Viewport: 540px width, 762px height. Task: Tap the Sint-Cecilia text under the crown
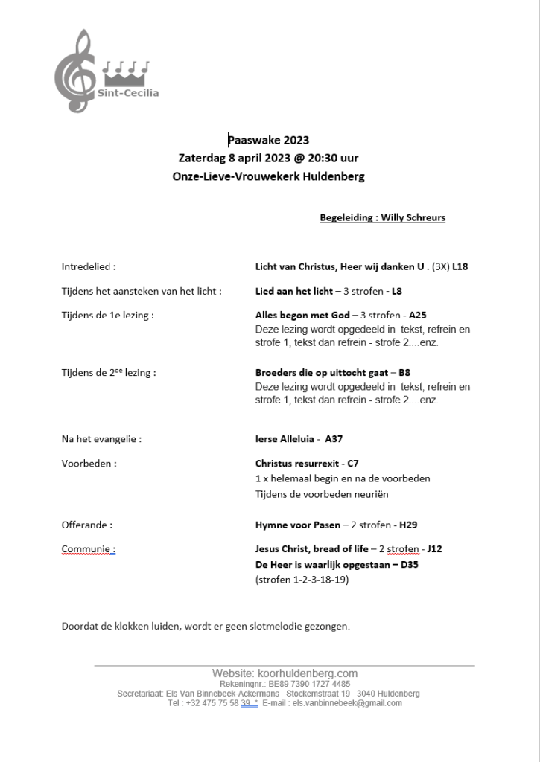(x=128, y=93)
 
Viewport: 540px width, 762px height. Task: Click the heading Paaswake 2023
(x=268, y=140)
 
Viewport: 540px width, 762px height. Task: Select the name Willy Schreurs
(x=413, y=217)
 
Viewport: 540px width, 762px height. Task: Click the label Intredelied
(x=89, y=266)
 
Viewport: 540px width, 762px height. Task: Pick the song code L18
(x=460, y=266)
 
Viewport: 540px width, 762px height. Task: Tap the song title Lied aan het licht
(x=294, y=291)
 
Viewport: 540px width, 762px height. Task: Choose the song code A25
(x=418, y=315)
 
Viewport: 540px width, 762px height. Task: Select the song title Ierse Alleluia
(x=287, y=439)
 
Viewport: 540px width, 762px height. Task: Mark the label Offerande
(x=87, y=525)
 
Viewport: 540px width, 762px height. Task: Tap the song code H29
(x=409, y=525)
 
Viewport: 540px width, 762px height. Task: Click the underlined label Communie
(x=89, y=549)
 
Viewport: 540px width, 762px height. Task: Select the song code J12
(x=434, y=549)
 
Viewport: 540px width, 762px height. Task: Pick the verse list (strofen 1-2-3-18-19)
(x=302, y=580)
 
